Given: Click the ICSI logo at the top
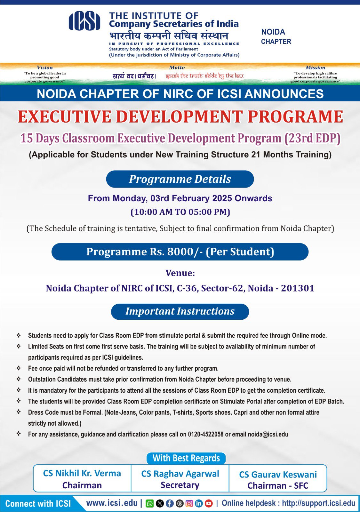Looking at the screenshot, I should pos(84,21).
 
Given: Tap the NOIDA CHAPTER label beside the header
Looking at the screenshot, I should pos(276,36).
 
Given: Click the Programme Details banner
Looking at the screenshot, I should pos(180,179).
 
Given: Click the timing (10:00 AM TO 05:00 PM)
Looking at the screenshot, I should pos(180,212).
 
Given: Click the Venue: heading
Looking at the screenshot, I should pos(180,273).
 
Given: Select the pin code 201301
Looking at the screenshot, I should pos(298,288).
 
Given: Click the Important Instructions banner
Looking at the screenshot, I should pos(180,311).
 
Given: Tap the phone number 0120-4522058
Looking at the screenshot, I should pos(206,434).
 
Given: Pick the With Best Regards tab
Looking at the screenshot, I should pos(186,458).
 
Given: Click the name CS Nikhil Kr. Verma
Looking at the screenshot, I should pos(82,473).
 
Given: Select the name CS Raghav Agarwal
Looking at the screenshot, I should pos(180,474).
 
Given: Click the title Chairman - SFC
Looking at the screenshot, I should pos(278,486).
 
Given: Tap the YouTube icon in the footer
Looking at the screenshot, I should pos(209,503).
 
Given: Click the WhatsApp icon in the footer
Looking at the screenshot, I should pos(149,503).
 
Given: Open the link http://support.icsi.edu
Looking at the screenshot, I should pos(318,503).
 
